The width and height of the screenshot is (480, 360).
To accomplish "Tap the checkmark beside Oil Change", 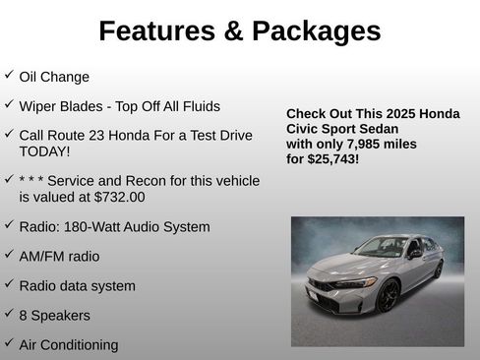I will (x=9, y=75).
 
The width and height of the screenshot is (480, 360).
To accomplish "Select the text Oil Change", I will (x=54, y=77).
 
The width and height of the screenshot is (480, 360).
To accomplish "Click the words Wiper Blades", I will (x=59, y=105).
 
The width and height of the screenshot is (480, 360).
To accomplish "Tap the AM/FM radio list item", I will (x=59, y=257).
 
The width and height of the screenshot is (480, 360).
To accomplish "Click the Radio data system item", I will (x=77, y=286).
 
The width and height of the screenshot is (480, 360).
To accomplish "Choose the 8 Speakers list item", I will (x=54, y=316).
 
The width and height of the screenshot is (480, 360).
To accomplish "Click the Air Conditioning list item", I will (x=68, y=345).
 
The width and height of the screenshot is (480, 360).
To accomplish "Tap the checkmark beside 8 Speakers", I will (x=9, y=314).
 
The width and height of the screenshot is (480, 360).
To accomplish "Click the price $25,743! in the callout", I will (x=334, y=157).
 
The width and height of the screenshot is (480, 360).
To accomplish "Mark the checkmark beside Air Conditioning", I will (x=9, y=343).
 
